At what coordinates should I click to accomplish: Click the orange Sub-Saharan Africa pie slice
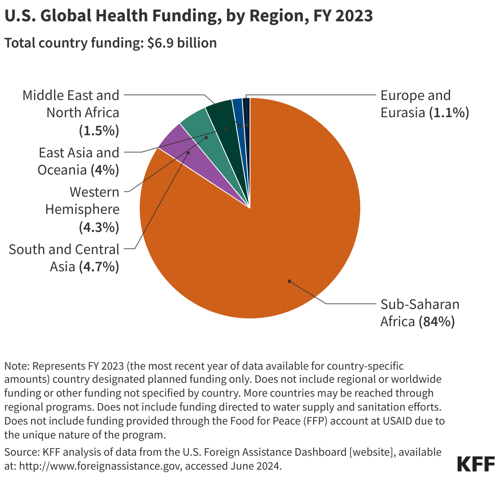click(266, 238)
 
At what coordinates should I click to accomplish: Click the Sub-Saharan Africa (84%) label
click(420, 313)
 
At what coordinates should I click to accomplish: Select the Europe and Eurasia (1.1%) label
click(424, 104)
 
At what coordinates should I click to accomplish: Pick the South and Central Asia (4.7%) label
click(64, 258)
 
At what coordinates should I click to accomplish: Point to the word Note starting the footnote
click(16, 366)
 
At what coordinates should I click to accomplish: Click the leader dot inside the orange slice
click(289, 281)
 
